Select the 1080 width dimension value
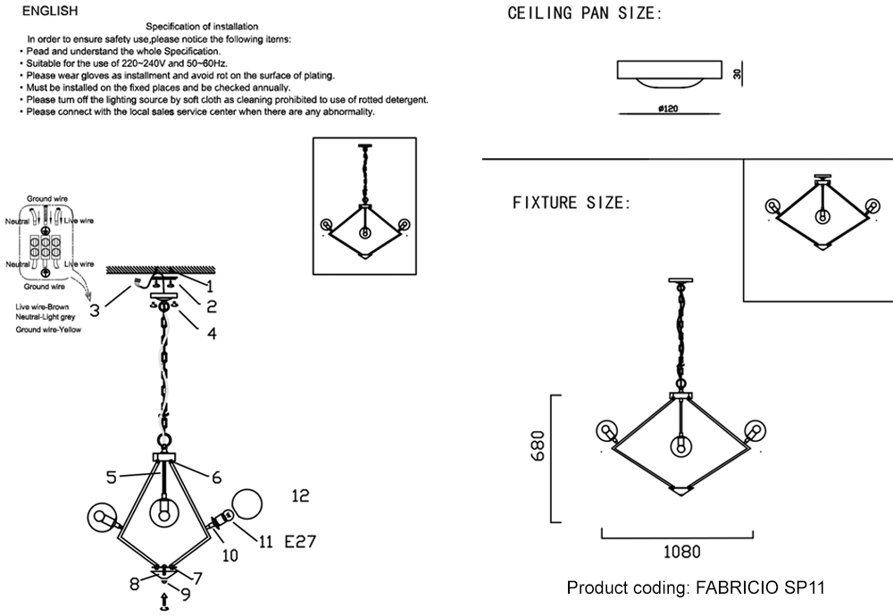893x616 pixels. coord(681,553)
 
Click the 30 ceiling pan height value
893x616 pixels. coord(738,75)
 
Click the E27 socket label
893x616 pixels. coord(301,541)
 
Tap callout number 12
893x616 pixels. coord(300,495)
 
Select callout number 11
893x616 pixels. coord(266,541)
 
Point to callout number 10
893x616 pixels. coord(230,555)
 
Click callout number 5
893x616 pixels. coord(112,477)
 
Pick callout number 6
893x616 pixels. coord(216,477)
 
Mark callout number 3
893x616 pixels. coord(94,310)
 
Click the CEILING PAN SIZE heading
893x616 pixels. coord(585,14)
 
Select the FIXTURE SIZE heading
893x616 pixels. coord(572,203)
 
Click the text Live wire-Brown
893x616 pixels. coord(49,307)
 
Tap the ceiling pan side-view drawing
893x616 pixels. coord(670,72)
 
